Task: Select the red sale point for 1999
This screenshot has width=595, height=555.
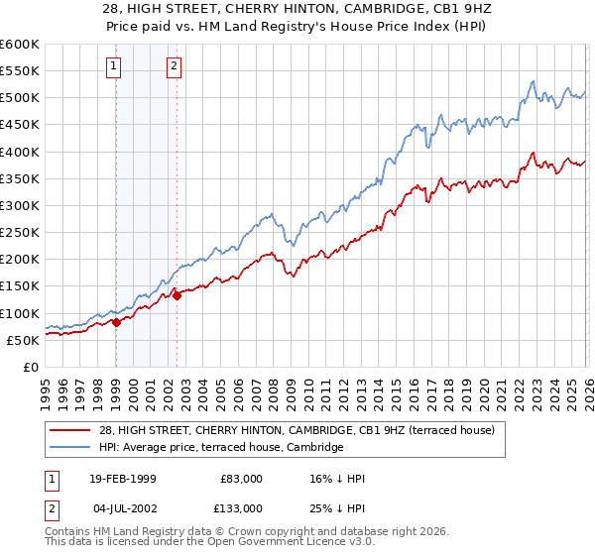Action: (116, 321)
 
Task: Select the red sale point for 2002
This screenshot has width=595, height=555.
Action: (177, 294)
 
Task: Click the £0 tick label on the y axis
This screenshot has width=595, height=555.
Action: (32, 367)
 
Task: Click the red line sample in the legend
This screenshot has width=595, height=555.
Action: (70, 429)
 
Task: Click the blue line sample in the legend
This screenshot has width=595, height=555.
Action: (70, 448)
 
